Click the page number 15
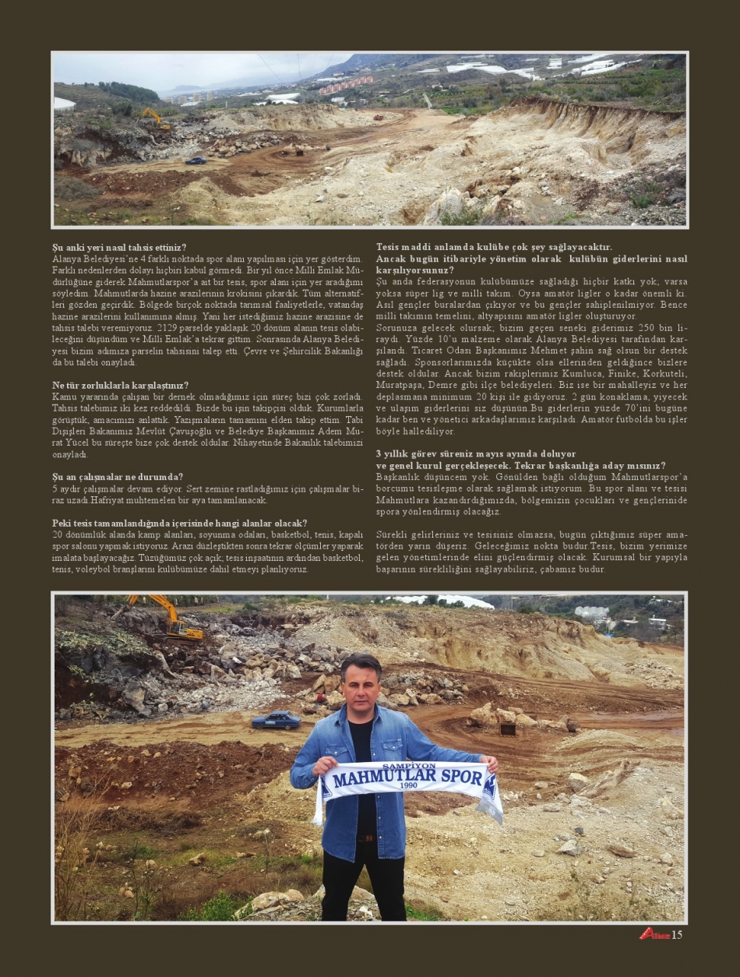pyautogui.click(x=676, y=934)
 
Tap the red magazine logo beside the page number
pyautogui.click(x=654, y=933)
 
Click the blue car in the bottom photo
pyautogui.click(x=276, y=720)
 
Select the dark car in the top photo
pyautogui.click(x=196, y=160)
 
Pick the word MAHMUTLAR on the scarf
pyautogui.click(x=372, y=777)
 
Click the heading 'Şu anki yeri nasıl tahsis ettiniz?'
pyautogui.click(x=119, y=247)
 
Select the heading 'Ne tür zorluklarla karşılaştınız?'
pyautogui.click(x=120, y=385)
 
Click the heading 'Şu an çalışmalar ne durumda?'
pyautogui.click(x=118, y=477)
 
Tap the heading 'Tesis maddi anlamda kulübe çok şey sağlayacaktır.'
pyautogui.click(x=494, y=247)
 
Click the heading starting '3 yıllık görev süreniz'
pyautogui.click(x=476, y=453)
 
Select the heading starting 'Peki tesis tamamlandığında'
pyautogui.click(x=179, y=523)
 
